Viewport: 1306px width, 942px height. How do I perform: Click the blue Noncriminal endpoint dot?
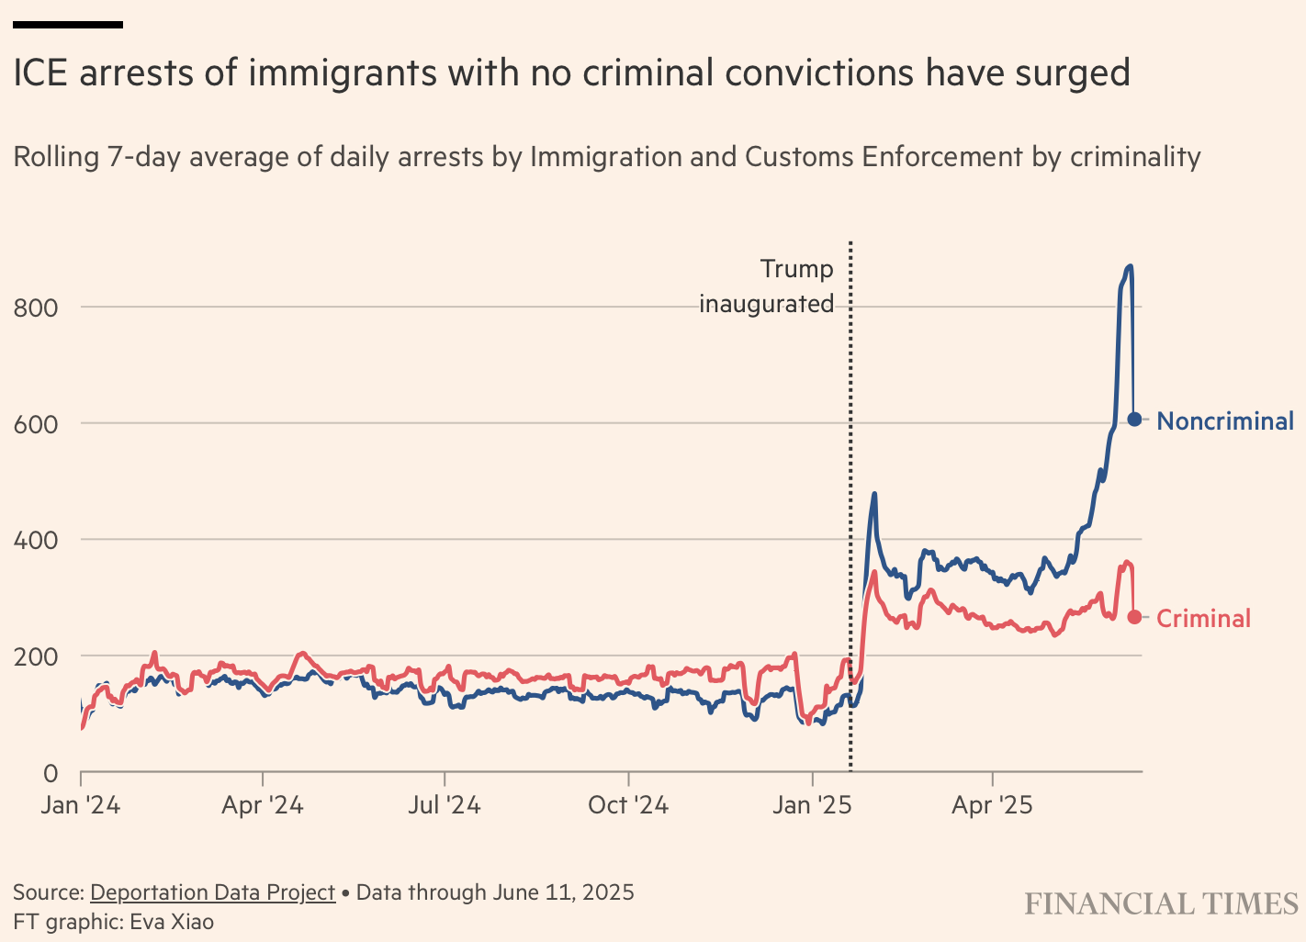pos(1134,419)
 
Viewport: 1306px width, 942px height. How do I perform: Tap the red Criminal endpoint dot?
pos(1134,617)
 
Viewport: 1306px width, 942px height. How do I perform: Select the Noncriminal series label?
pos(1225,421)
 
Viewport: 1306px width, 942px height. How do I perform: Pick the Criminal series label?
pos(1203,619)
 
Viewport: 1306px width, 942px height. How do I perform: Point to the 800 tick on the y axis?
pos(36,308)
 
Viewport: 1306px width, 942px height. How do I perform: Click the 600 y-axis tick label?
pos(36,424)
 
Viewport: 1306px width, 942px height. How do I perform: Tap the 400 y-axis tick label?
pos(36,541)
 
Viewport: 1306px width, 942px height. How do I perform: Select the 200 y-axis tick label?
pos(36,657)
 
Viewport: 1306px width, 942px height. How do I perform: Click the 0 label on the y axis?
pos(51,774)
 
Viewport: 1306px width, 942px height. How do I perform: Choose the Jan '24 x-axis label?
pos(81,805)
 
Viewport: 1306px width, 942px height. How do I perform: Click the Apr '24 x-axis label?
pos(263,805)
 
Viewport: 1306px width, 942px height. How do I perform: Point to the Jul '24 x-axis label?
pos(445,805)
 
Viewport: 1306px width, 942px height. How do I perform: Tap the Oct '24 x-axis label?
pos(628,805)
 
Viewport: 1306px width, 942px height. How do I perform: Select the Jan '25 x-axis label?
pos(812,805)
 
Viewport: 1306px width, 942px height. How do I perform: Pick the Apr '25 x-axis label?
pos(992,805)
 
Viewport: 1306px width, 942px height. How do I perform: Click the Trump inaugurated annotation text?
pos(767,286)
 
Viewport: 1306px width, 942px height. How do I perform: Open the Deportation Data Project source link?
pos(213,892)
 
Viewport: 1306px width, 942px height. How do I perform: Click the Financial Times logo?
pos(1162,904)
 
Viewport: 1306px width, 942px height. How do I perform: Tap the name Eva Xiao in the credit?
pos(172,922)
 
